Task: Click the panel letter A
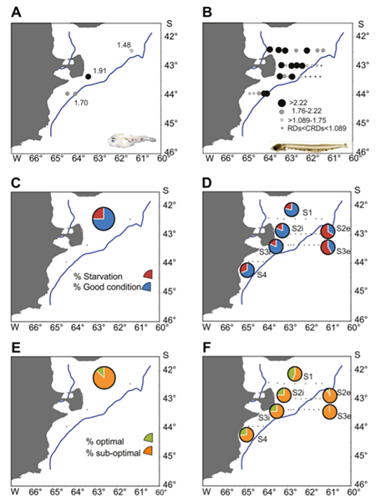coord(17,13)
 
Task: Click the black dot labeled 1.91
coord(89,76)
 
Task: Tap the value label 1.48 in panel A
coord(124,45)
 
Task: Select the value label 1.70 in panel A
coord(81,103)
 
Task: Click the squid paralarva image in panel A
coord(131,141)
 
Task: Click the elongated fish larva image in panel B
coord(310,148)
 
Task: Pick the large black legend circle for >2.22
coord(282,103)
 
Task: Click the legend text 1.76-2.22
coord(307,111)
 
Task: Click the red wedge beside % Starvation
coord(149,274)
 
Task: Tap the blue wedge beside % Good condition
coord(147,287)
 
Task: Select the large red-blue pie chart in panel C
coord(104,218)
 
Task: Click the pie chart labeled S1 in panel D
coord(292,210)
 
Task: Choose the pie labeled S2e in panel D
coord(328,231)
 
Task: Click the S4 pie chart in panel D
coord(247,270)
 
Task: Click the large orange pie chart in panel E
coord(104,378)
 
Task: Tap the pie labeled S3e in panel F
coord(330,412)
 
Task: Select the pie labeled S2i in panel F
coord(284,395)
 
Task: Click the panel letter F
coord(208,348)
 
